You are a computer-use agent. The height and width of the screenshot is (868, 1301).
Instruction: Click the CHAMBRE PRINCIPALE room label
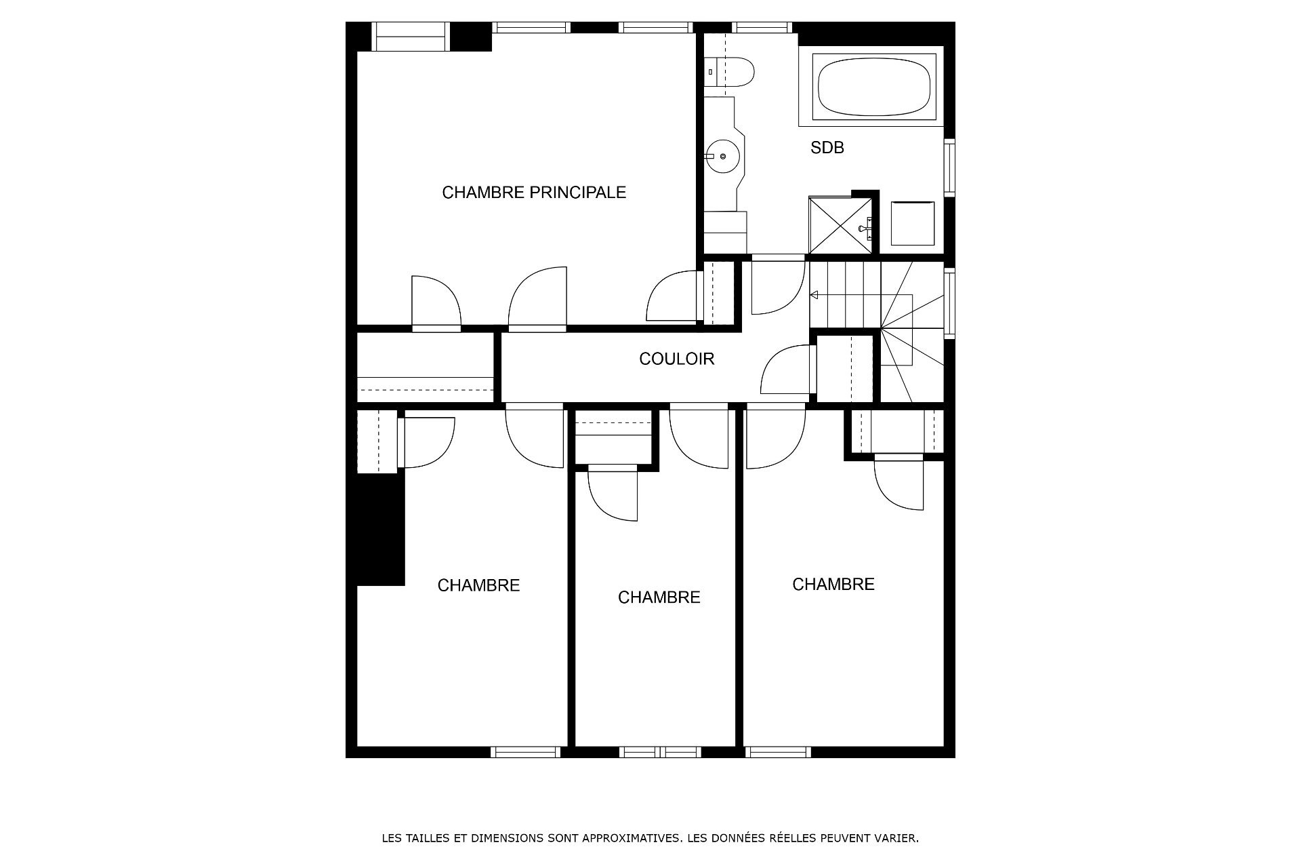pos(534,193)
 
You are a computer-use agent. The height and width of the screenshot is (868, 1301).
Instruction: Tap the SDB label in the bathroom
pos(827,148)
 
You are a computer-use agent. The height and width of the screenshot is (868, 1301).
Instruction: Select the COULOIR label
pos(677,359)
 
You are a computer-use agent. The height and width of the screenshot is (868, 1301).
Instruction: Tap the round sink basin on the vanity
pos(722,157)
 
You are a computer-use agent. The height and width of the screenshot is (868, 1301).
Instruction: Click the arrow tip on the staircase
pos(811,295)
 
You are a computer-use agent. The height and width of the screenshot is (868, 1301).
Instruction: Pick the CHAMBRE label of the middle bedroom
pos(659,597)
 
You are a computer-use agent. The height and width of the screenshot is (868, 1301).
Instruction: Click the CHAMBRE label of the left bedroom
pos(478,585)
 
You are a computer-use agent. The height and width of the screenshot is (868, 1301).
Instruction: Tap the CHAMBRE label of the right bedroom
pos(833,584)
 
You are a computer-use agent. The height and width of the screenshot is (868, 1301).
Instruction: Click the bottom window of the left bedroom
pos(525,751)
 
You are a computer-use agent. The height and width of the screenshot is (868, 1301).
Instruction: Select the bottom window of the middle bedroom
pos(661,751)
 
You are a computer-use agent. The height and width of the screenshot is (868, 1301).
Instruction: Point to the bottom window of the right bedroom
pos(778,751)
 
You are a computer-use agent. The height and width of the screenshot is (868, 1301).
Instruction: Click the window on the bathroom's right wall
pos(949,167)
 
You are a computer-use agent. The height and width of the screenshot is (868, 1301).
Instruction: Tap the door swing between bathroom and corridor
pos(779,285)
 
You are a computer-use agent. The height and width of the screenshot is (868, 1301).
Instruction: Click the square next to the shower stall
pos(913,223)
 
